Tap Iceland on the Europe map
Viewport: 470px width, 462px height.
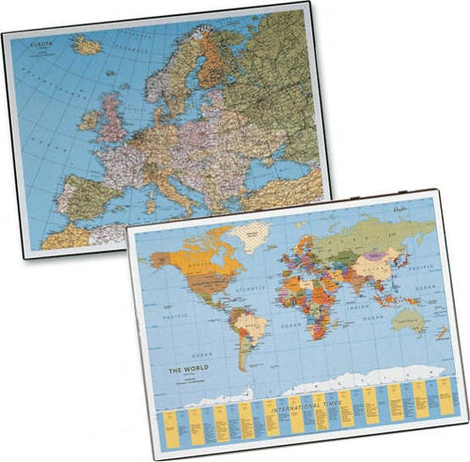pyautogui.click(x=88, y=43)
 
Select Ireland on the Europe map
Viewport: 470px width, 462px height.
pyautogui.click(x=89, y=121)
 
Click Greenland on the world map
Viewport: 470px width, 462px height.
pyautogui.click(x=248, y=233)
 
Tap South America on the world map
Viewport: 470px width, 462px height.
pyautogui.click(x=250, y=329)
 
